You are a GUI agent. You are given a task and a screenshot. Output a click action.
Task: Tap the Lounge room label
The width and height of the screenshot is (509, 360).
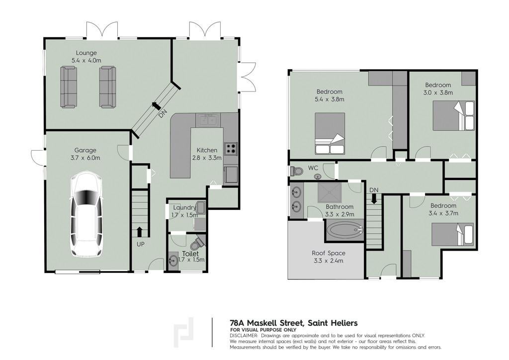click(86, 53)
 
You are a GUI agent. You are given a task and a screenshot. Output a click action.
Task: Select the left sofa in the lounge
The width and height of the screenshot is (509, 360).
click(69, 87)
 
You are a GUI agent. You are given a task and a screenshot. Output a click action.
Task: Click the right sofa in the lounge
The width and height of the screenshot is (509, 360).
click(107, 87)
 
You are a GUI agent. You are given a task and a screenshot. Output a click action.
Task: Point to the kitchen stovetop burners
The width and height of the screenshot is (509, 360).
click(231, 148)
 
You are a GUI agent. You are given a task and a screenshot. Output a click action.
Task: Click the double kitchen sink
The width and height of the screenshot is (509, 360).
click(208, 120)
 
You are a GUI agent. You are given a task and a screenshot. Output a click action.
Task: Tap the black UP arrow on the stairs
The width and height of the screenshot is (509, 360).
click(140, 232)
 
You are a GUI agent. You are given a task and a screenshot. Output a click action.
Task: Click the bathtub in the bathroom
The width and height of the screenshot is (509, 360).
click(345, 230)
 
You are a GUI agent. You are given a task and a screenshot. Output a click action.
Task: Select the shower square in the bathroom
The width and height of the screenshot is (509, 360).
click(330, 193)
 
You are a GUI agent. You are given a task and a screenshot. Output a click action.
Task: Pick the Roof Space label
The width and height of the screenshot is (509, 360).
click(329, 253)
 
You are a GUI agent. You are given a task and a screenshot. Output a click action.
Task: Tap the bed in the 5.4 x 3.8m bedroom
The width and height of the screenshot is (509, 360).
click(330, 133)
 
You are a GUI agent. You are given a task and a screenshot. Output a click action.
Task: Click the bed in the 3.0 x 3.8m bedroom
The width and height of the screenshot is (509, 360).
click(453, 115)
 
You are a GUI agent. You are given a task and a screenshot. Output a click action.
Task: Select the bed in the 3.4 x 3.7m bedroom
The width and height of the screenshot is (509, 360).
click(452, 234)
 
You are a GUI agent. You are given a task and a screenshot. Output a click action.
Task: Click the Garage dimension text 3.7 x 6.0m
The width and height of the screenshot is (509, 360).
click(85, 158)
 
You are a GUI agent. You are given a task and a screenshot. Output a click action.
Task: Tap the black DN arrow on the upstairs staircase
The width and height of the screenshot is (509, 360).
click(374, 198)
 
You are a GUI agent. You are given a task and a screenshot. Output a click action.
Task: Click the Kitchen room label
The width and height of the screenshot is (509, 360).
click(207, 150)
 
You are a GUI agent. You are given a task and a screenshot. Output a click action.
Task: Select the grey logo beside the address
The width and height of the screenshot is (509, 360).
click(184, 333)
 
